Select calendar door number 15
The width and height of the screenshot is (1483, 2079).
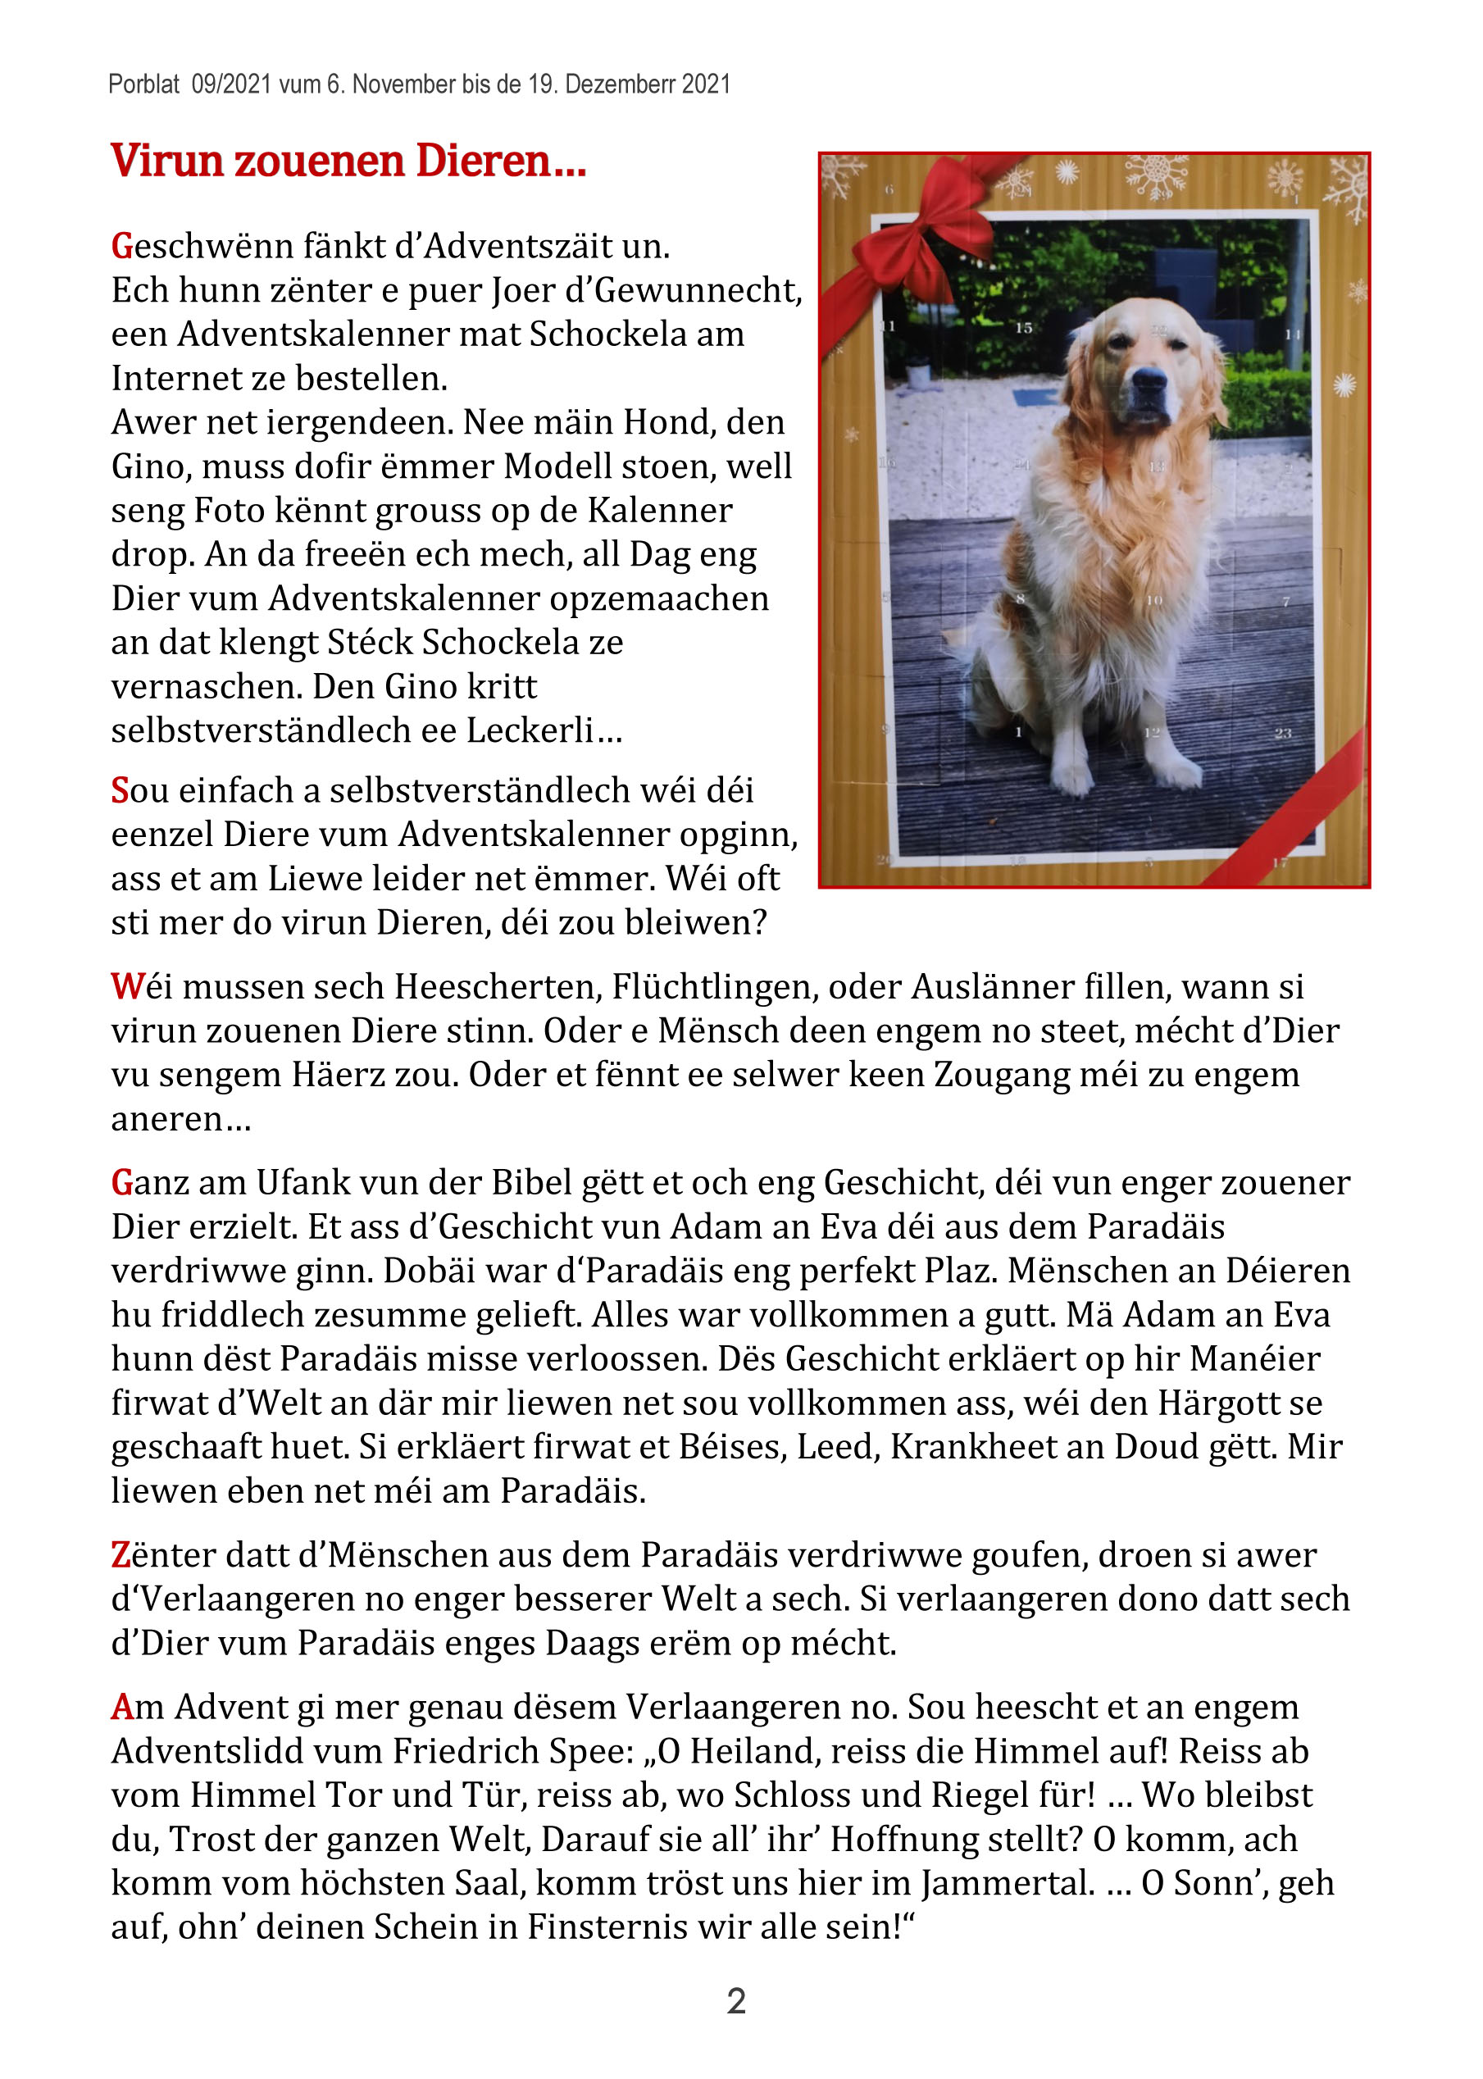click(1024, 328)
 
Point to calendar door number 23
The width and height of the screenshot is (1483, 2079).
click(1283, 733)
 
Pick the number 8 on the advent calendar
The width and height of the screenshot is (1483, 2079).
click(1020, 599)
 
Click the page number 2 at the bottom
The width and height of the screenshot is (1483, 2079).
click(736, 2000)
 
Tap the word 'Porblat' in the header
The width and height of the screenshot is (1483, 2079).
click(143, 85)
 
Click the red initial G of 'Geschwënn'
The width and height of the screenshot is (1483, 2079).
click(121, 247)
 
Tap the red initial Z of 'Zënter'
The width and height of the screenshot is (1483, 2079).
click(121, 1555)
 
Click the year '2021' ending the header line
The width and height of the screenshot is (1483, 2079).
click(706, 85)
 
